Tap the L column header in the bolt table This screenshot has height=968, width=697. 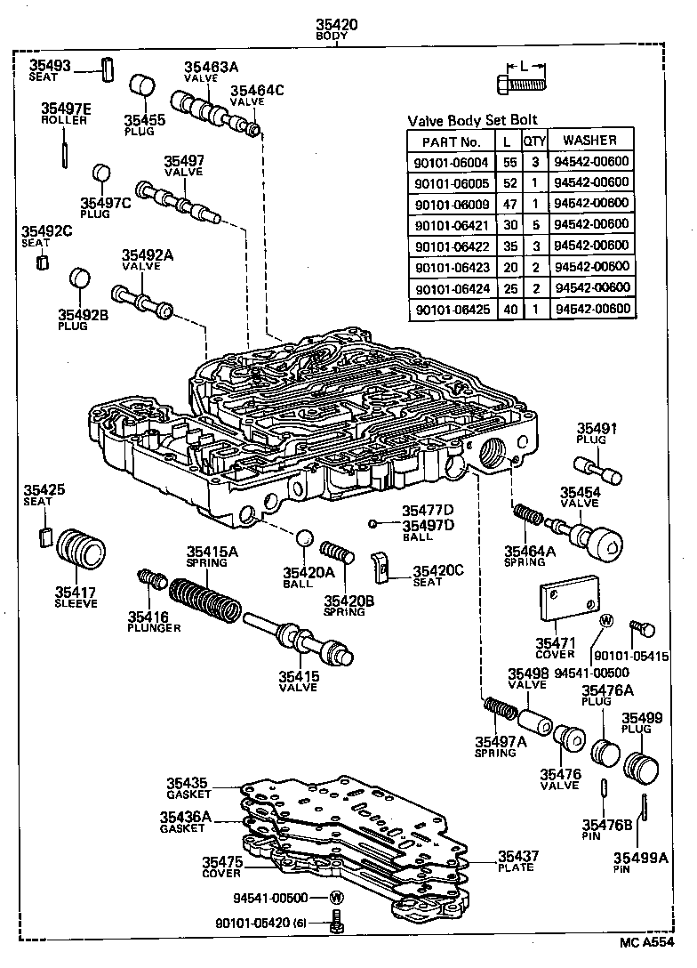click(x=506, y=141)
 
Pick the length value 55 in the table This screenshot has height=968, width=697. click(x=506, y=162)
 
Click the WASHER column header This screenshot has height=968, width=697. click(x=590, y=141)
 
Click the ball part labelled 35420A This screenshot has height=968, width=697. click(x=304, y=539)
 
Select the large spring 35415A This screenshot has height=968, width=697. click(x=204, y=601)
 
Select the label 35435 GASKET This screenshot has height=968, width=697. click(x=188, y=787)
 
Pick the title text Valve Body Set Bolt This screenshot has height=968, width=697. click(x=471, y=120)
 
